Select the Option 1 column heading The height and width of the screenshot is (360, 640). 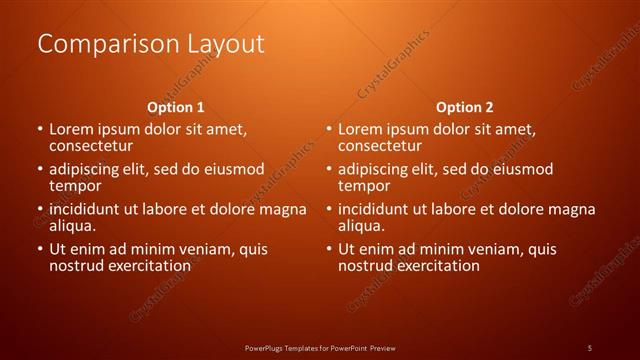[x=176, y=106]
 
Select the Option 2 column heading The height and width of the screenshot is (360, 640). [x=464, y=106]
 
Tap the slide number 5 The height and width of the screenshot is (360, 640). [x=590, y=347]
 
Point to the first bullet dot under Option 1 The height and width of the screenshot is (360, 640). [x=40, y=130]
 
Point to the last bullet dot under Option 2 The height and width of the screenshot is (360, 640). [x=328, y=249]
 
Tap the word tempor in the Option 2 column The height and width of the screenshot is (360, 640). [x=363, y=186]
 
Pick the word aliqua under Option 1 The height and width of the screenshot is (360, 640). [x=73, y=226]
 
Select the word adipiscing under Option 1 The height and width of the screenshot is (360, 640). [x=90, y=169]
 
